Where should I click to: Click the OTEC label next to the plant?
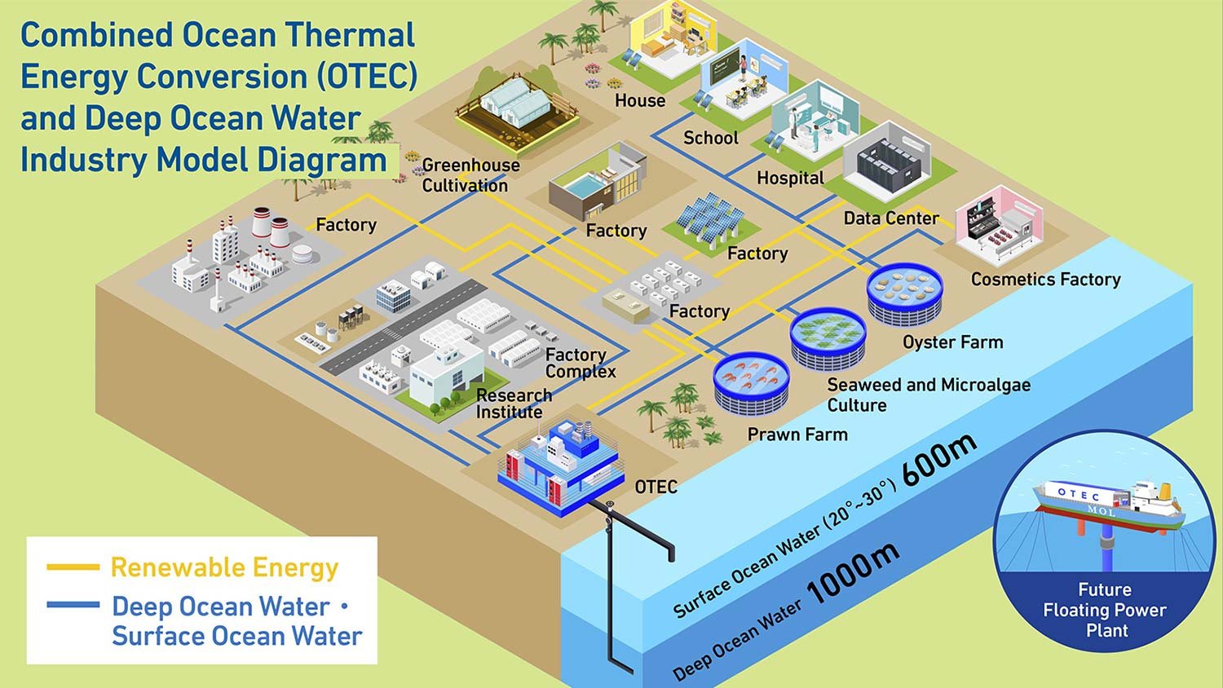(x=656, y=487)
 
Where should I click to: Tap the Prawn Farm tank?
(x=751, y=382)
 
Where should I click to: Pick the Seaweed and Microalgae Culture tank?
(x=828, y=337)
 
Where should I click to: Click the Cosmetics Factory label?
(x=1045, y=280)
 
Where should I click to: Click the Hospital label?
(x=790, y=178)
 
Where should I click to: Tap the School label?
(x=710, y=138)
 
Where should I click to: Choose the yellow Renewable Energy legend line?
(x=73, y=567)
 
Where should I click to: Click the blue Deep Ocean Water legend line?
(x=73, y=606)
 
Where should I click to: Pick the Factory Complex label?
(x=580, y=363)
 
